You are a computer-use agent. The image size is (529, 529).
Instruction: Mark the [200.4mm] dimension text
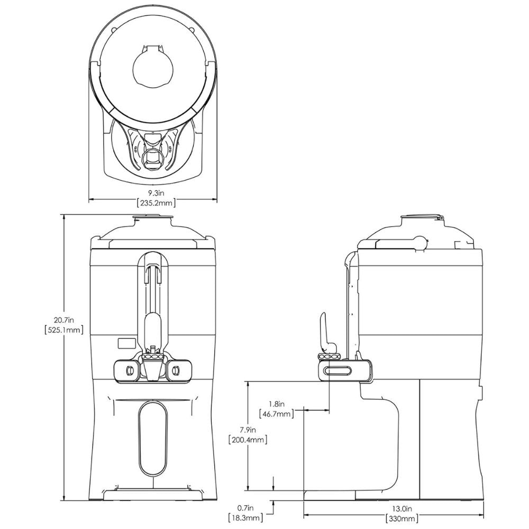(x=247, y=439)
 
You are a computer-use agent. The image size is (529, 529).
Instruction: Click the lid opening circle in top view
(x=152, y=66)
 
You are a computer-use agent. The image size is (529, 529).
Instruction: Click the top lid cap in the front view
(x=152, y=217)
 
